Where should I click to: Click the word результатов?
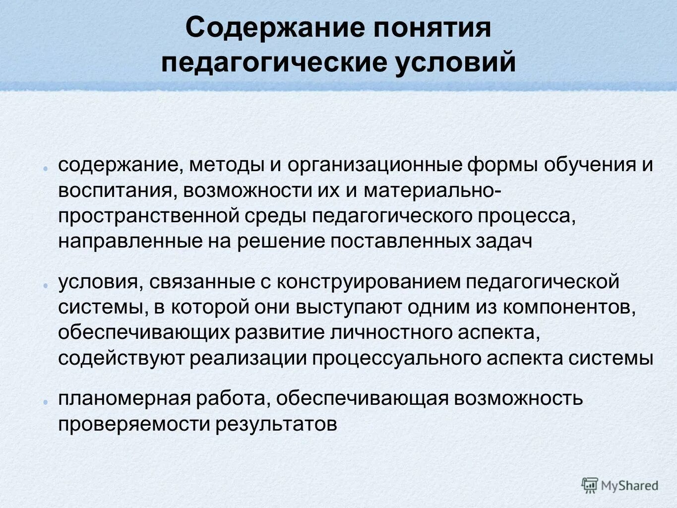click(x=276, y=424)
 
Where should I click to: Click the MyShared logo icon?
click(x=590, y=485)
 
